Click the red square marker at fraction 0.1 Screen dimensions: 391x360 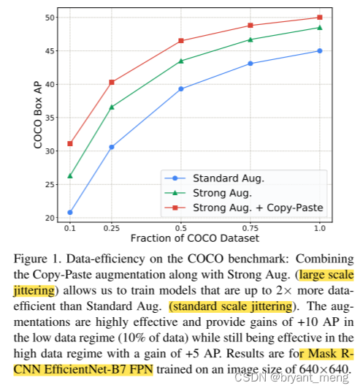[70, 143]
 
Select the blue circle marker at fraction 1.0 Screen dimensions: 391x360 [319, 51]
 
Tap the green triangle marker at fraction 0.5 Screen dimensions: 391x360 [181, 61]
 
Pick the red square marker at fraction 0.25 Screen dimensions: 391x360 [112, 82]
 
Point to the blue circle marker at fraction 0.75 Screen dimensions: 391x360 [250, 64]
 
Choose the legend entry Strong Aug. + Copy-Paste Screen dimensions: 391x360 [258, 208]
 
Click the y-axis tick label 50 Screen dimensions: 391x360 [48, 17]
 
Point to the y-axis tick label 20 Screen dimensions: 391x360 [48, 218]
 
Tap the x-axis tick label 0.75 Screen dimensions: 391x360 [250, 228]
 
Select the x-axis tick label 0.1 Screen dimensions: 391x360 [70, 228]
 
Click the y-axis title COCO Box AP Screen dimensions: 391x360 [37, 115]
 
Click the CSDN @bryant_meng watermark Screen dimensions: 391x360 [310, 378]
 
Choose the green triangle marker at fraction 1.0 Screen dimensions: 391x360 [319, 28]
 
